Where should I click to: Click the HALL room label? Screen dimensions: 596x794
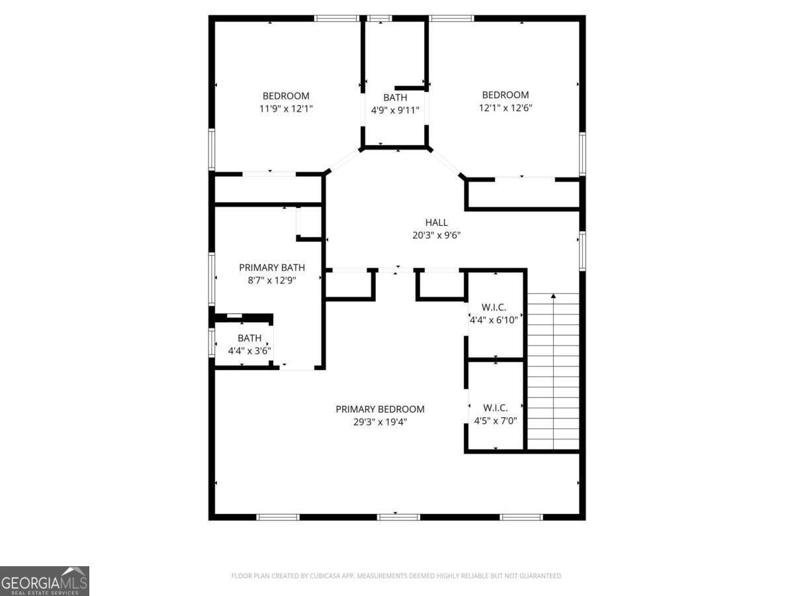click(x=436, y=223)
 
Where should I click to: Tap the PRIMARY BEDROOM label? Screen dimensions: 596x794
click(x=380, y=409)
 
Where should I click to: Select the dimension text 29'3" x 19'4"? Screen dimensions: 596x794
click(x=380, y=421)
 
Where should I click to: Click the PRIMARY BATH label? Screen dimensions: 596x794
click(x=272, y=268)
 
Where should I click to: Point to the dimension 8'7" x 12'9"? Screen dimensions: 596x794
click(x=272, y=279)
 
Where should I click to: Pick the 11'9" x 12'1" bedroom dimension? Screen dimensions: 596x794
click(x=286, y=108)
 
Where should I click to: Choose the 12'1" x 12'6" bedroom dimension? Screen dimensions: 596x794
click(x=506, y=107)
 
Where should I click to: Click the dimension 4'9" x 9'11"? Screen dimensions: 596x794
click(x=395, y=110)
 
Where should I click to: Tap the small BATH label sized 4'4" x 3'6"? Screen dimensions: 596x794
click(x=249, y=338)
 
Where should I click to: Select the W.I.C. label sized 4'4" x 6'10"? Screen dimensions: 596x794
click(x=494, y=307)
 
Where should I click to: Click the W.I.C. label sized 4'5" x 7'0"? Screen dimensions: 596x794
click(x=495, y=407)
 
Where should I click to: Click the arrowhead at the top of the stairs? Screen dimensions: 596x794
click(x=553, y=295)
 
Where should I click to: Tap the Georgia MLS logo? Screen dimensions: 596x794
click(x=44, y=581)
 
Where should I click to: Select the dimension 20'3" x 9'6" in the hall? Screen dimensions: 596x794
click(x=436, y=234)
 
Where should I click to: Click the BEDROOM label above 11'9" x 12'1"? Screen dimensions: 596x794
click(x=286, y=96)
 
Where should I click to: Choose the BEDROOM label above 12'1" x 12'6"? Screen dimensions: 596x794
click(x=506, y=95)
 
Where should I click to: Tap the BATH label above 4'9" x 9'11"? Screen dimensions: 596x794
click(x=395, y=98)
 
